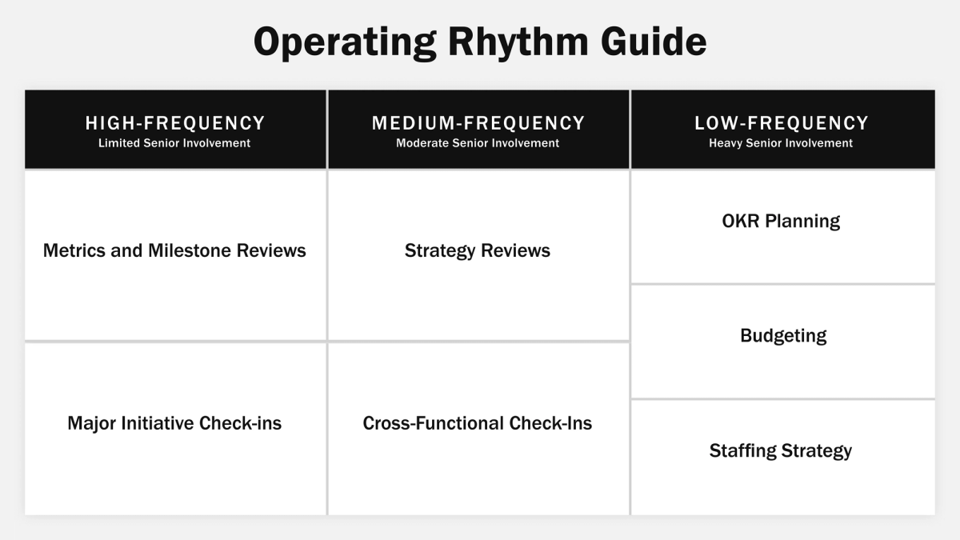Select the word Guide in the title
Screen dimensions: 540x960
point(662,42)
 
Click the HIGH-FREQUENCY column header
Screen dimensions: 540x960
point(175,123)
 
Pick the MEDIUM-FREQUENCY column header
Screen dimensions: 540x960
point(478,123)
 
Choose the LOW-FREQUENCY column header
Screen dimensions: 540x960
point(782,123)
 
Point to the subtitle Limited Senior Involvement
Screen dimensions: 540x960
point(174,143)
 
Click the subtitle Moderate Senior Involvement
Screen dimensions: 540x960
point(478,143)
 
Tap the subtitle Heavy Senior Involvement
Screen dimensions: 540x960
point(781,143)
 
